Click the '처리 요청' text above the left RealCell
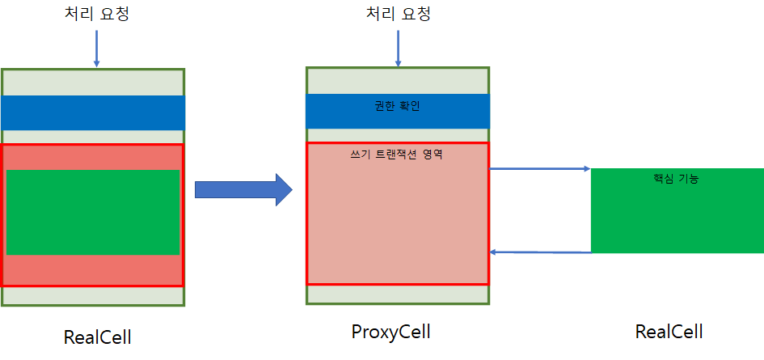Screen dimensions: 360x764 [x=97, y=15]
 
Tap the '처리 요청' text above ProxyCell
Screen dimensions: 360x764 [x=398, y=15]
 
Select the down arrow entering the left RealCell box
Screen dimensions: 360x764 [x=97, y=49]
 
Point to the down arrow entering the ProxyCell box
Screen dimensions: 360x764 [x=398, y=49]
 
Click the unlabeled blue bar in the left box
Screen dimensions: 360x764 [x=93, y=112]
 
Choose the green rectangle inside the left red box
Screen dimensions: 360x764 [x=93, y=212]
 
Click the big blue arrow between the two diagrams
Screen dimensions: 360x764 [x=243, y=189]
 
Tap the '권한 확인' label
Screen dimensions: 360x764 [x=398, y=106]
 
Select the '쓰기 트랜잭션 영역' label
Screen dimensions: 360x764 [x=398, y=154]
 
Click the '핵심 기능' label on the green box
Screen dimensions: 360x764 [x=676, y=179]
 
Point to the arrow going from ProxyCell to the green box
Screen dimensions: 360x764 [x=540, y=169]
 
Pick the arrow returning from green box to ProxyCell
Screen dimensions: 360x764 [x=540, y=252]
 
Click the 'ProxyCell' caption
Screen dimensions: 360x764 [x=391, y=332]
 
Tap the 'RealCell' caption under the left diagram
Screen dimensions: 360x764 [x=98, y=337]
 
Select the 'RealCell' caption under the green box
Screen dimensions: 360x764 [x=669, y=332]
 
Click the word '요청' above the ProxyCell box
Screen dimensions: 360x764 [x=416, y=15]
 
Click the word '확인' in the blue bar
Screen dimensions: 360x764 [x=409, y=106]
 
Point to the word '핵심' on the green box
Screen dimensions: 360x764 [x=664, y=179]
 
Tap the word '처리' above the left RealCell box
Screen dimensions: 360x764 [x=80, y=15]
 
